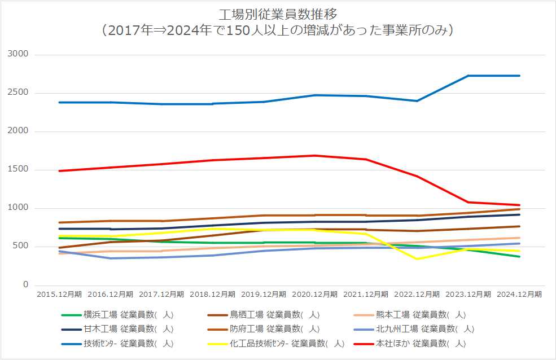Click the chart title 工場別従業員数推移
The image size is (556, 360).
tap(278, 13)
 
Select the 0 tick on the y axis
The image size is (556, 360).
tap(25, 285)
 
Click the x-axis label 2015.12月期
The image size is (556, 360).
tap(59, 295)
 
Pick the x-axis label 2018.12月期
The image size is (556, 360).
tap(212, 295)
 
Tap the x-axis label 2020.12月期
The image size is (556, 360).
tap(314, 295)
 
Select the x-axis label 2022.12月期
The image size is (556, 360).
tap(417, 295)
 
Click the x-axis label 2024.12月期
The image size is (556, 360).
tap(519, 295)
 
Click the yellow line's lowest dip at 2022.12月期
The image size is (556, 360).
tap(417, 258)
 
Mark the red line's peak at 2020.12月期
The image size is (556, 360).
tap(314, 156)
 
